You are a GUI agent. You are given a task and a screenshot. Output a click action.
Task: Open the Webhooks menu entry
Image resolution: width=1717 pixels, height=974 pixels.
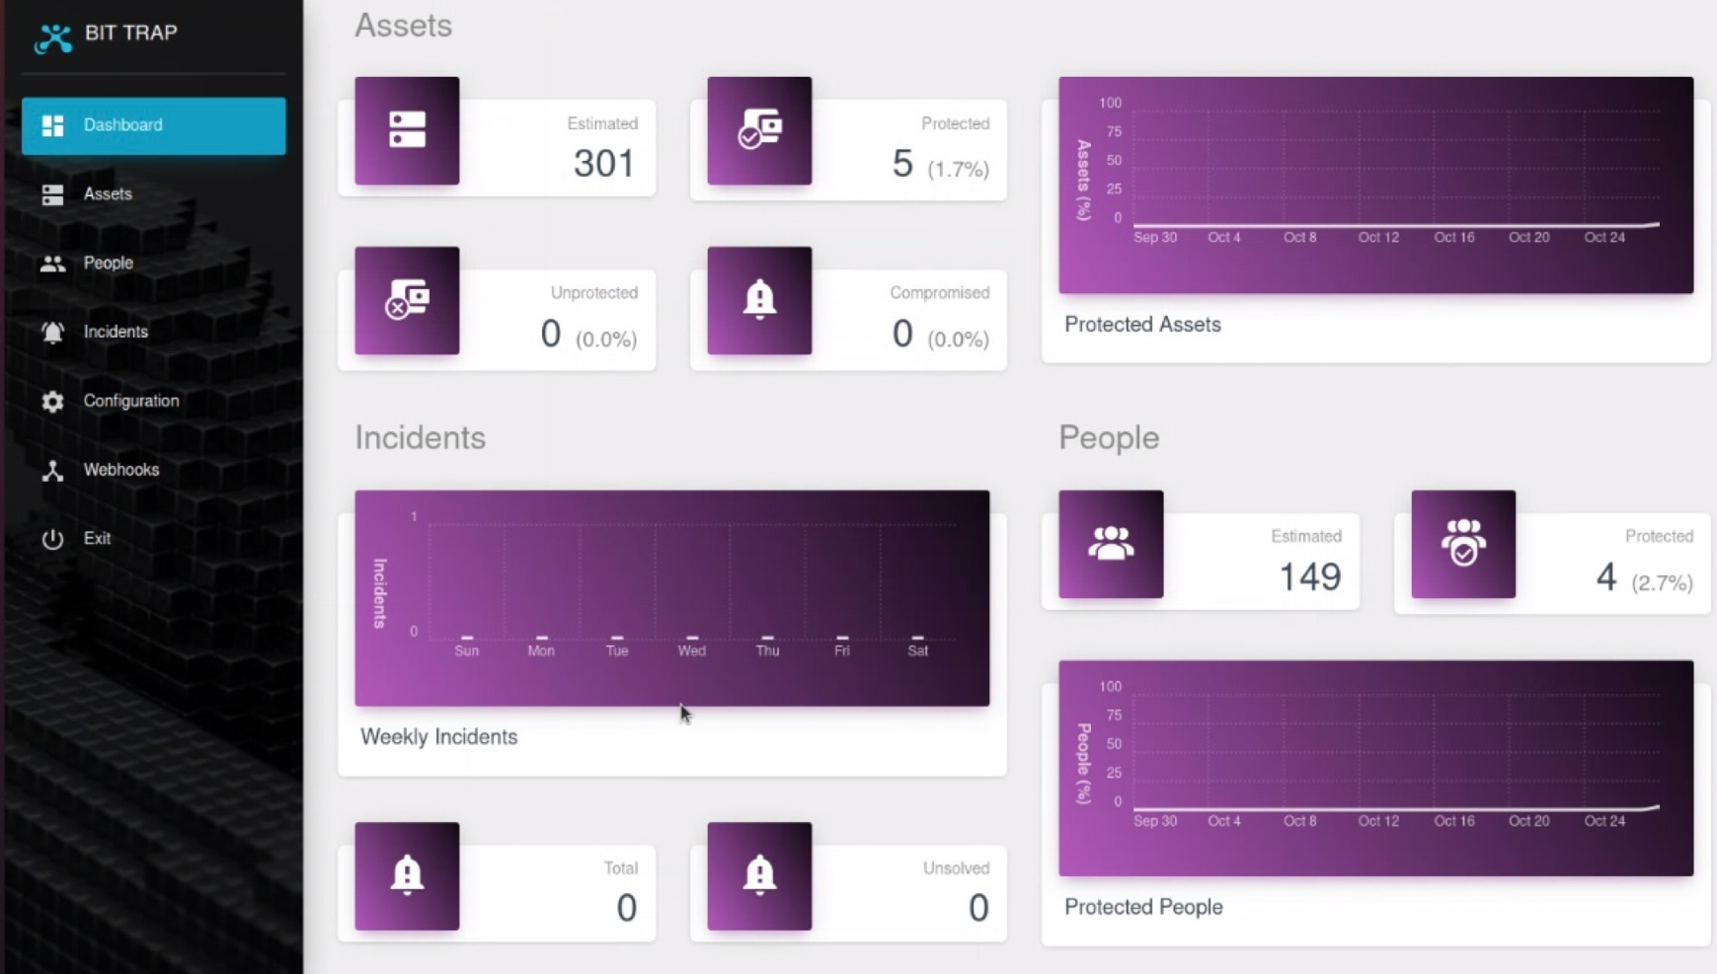(120, 470)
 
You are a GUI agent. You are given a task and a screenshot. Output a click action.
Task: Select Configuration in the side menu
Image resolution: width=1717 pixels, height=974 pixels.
(130, 401)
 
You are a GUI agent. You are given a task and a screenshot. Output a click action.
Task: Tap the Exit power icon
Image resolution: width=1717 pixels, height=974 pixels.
(52, 539)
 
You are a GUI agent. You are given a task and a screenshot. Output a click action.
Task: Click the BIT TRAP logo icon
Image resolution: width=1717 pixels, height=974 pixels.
(53, 37)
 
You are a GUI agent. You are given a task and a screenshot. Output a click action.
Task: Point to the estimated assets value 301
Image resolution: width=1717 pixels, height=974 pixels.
(603, 164)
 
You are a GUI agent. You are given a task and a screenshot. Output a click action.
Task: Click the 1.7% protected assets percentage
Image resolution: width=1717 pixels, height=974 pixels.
(958, 170)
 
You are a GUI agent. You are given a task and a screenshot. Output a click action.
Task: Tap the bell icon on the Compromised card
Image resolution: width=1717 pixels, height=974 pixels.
(759, 300)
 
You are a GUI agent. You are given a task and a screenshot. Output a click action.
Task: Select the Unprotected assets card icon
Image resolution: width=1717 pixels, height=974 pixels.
(407, 300)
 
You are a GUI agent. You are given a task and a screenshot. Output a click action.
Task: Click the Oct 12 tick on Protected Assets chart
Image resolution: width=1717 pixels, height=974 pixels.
(1377, 238)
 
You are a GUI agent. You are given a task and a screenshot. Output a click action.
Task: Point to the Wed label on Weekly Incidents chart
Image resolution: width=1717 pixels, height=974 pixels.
(691, 651)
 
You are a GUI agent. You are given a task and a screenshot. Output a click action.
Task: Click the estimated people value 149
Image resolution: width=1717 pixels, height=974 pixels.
(1309, 577)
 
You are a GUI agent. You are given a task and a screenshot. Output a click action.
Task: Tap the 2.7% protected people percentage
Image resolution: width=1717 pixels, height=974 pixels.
(1662, 583)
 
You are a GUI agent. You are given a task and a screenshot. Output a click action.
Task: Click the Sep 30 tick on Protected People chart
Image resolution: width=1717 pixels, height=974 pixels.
(1154, 821)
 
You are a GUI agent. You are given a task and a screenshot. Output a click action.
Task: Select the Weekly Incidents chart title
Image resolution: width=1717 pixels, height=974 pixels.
(438, 737)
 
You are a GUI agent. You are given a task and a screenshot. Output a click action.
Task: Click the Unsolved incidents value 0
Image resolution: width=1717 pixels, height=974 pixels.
(977, 908)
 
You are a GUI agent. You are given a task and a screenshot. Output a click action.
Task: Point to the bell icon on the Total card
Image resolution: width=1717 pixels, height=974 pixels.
(407, 875)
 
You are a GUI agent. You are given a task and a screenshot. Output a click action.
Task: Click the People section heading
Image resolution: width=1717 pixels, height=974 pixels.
(1108, 437)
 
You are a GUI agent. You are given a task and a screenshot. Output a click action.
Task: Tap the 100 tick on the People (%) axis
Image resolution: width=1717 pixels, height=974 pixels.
(1110, 687)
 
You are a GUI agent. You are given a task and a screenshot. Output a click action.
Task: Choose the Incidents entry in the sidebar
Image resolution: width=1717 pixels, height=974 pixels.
(115, 332)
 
